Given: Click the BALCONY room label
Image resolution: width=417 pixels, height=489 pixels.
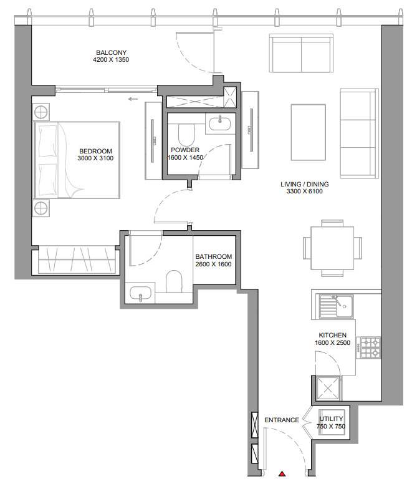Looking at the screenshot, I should tap(112, 52).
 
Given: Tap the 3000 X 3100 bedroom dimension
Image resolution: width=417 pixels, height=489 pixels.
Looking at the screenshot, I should tap(95, 158).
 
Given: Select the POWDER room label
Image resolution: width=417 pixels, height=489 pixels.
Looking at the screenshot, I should tap(185, 150).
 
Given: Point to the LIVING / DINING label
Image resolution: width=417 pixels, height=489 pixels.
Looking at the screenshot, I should tap(304, 185).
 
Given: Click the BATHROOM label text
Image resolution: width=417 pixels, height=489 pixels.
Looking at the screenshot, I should tap(213, 256).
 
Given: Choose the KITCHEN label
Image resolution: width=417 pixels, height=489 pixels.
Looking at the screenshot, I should tap(332, 336).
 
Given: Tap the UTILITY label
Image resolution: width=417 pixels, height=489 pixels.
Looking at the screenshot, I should tap(331, 419).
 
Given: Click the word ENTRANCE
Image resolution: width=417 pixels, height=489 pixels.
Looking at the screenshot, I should tap(282, 420).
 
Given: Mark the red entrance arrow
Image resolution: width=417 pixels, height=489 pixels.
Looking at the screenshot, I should tap(282, 475).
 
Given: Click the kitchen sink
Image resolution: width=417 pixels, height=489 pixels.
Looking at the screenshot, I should tap(335, 306).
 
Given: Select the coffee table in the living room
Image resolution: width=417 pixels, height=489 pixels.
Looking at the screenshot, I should tap(308, 127).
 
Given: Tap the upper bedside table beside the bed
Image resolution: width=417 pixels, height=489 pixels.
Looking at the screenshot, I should tap(41, 112).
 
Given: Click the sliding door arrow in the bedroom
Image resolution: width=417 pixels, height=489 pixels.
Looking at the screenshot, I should tap(132, 99).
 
